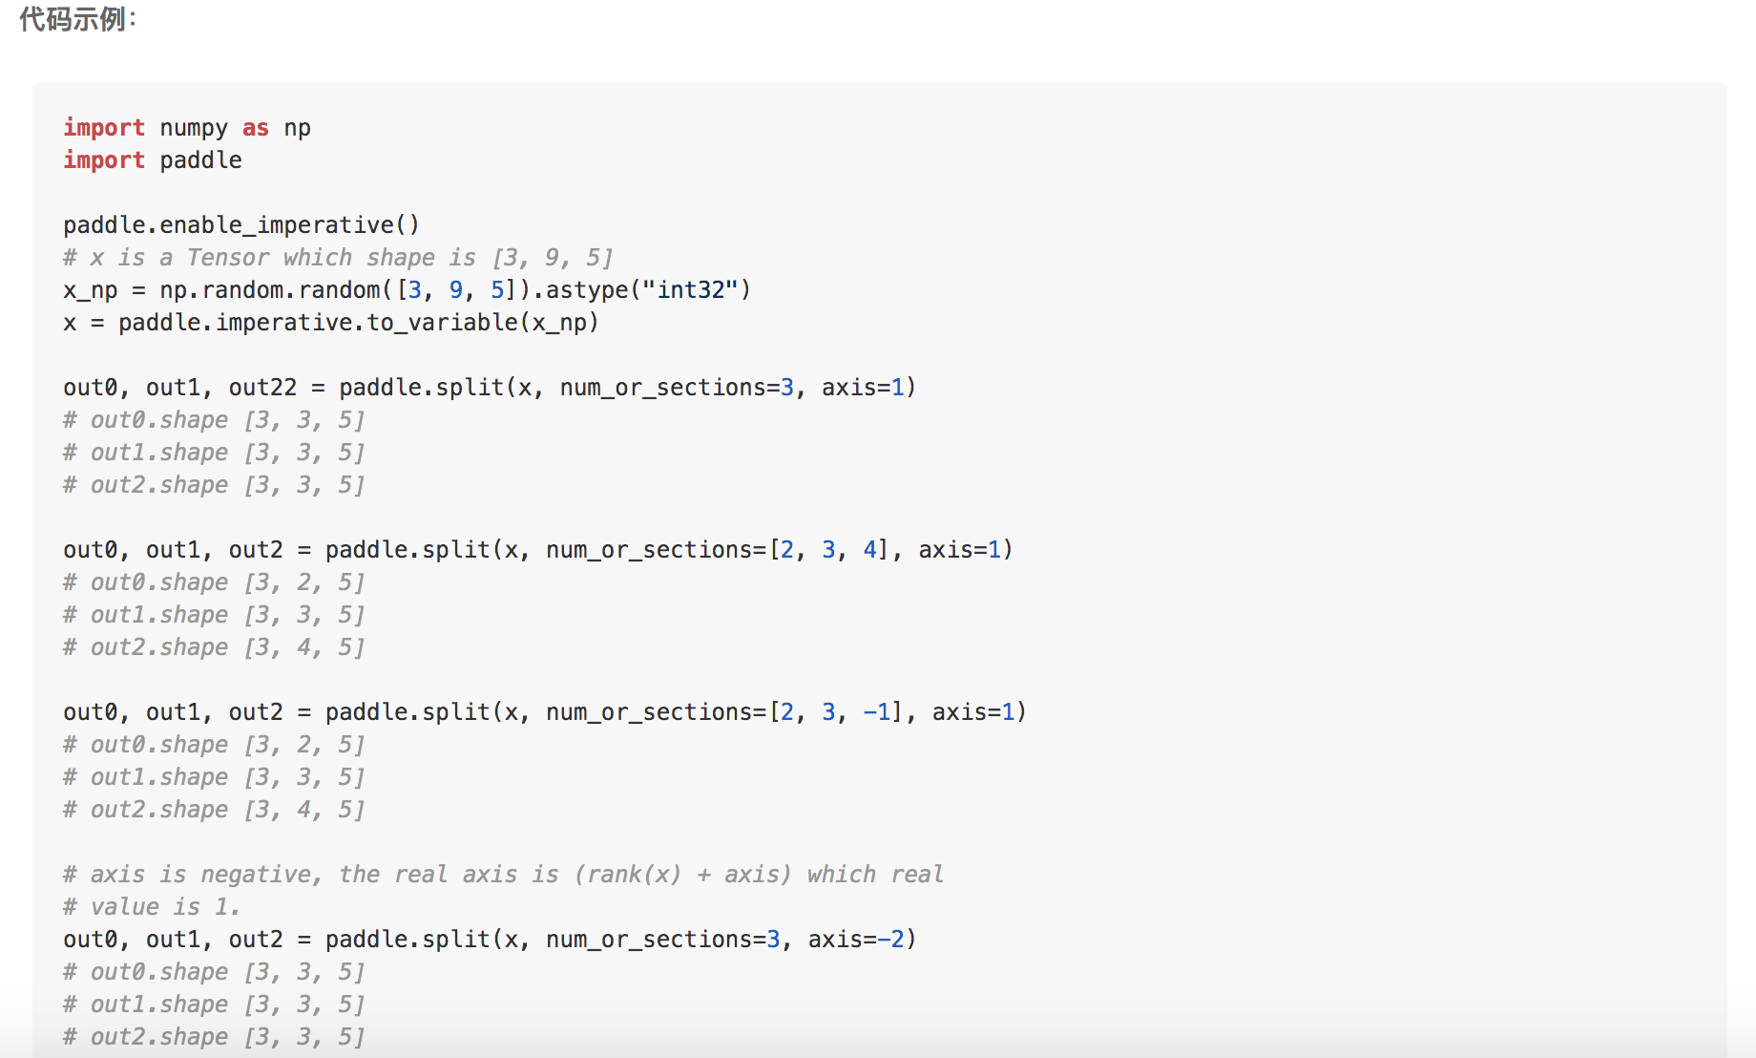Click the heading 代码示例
pos(77,19)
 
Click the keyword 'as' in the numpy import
pos(255,128)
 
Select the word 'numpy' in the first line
pos(194,128)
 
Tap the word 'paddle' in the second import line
pos(200,160)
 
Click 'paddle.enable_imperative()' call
pos(240,225)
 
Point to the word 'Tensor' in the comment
pos(227,258)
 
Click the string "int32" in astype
pos(691,290)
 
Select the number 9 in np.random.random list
pos(456,290)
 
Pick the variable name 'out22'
pos(262,388)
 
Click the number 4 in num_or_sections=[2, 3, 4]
pos(869,550)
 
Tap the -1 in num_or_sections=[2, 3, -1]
pos(877,712)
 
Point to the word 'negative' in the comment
pos(257,875)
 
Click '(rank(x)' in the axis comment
pos(627,875)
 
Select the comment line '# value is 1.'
pos(151,907)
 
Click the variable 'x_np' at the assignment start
pos(90,290)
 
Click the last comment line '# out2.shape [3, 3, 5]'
pos(214,1037)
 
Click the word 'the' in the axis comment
pos(360,875)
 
